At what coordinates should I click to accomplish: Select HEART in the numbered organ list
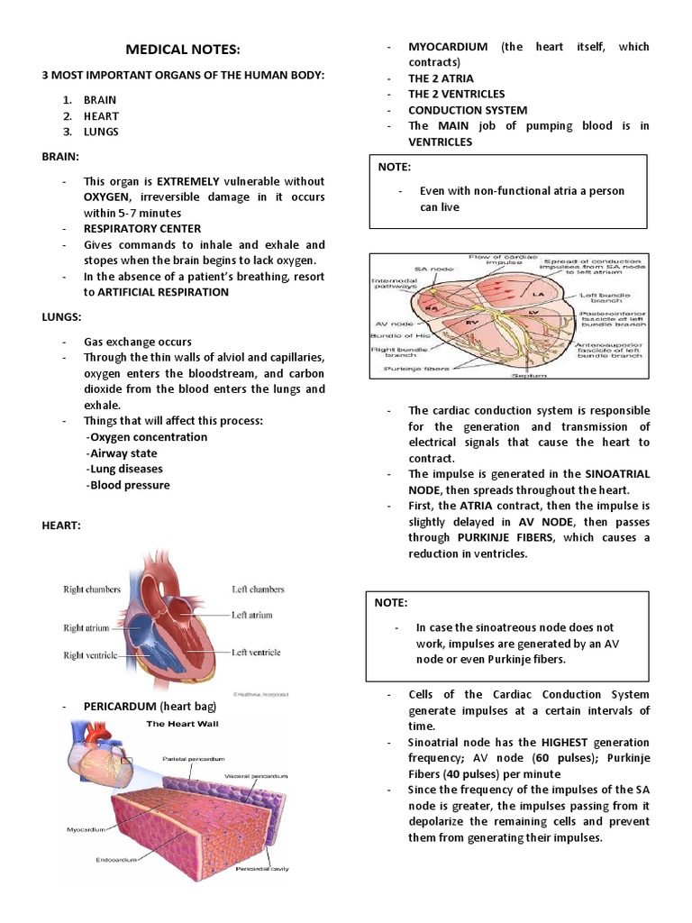(x=101, y=116)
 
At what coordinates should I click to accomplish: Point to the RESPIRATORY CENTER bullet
(x=142, y=229)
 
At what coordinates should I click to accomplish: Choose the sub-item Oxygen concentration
(x=147, y=437)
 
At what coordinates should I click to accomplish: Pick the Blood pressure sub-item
(x=128, y=485)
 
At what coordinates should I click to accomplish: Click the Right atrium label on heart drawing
(x=86, y=627)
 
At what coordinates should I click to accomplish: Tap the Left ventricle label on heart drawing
(x=256, y=653)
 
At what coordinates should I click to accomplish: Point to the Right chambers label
(x=91, y=589)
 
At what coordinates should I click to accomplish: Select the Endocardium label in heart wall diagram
(x=117, y=860)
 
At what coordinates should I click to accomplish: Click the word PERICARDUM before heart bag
(x=120, y=707)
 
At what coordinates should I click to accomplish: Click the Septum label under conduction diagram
(x=500, y=376)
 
